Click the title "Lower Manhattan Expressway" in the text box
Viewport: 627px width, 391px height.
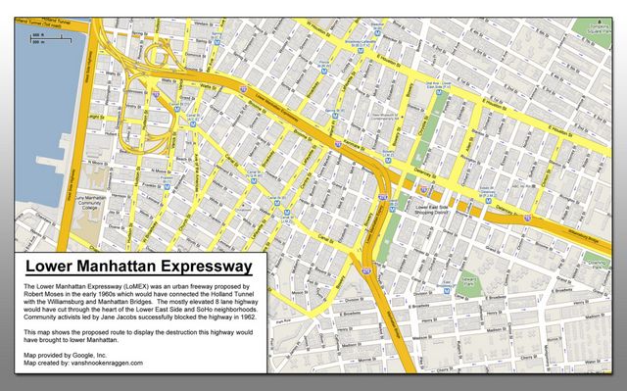tap(139, 266)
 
